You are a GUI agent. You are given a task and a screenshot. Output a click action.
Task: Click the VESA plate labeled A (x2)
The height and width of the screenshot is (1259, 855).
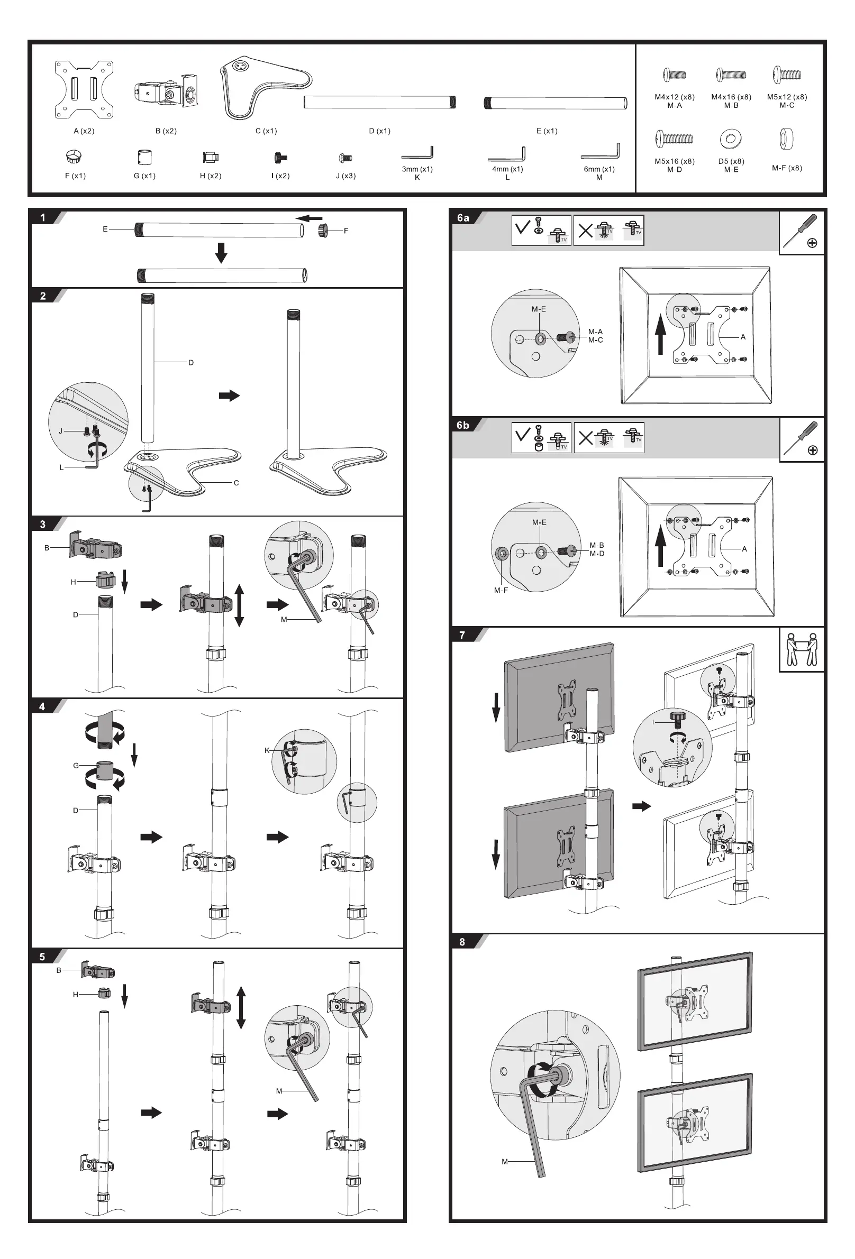pyautogui.click(x=84, y=89)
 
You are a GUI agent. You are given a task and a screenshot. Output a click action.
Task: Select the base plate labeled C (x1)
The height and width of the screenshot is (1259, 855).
pyautogui.click(x=260, y=87)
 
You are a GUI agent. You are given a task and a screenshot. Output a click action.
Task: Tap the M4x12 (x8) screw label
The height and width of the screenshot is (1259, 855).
pyautogui.click(x=674, y=97)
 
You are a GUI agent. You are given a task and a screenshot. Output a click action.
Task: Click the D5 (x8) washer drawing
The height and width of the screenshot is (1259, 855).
pyautogui.click(x=731, y=139)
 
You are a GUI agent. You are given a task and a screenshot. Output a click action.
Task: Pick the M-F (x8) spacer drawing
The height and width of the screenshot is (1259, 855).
pyautogui.click(x=786, y=139)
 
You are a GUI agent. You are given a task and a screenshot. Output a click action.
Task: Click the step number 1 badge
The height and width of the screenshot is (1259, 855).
pyautogui.click(x=43, y=218)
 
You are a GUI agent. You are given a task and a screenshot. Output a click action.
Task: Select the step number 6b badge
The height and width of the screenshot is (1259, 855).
pyautogui.click(x=462, y=425)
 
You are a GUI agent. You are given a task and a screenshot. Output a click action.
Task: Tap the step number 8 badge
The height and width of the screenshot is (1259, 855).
pyautogui.click(x=462, y=942)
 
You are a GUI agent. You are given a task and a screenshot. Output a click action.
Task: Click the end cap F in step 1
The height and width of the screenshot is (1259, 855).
pyautogui.click(x=324, y=230)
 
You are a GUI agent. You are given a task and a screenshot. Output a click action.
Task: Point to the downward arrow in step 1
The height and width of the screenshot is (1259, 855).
pyautogui.click(x=221, y=252)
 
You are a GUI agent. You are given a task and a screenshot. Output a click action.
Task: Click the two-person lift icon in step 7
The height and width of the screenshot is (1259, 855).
pyautogui.click(x=802, y=649)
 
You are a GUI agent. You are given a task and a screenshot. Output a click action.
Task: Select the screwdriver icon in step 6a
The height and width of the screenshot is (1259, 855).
pyautogui.click(x=802, y=232)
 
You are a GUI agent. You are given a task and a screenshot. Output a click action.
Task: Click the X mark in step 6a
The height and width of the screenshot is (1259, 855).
pyautogui.click(x=586, y=231)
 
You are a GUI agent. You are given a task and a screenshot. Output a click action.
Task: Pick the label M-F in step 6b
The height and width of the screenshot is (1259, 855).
pyautogui.click(x=501, y=590)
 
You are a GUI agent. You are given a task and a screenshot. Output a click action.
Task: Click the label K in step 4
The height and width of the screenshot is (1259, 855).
pyautogui.click(x=267, y=750)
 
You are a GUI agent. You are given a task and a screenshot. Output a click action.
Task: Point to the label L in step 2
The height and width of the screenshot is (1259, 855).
pyautogui.click(x=62, y=467)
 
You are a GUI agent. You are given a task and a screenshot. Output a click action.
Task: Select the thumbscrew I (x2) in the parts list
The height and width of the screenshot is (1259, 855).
pyautogui.click(x=280, y=158)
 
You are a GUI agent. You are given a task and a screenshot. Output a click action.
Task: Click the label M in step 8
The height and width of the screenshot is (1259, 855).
pyautogui.click(x=504, y=1162)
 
